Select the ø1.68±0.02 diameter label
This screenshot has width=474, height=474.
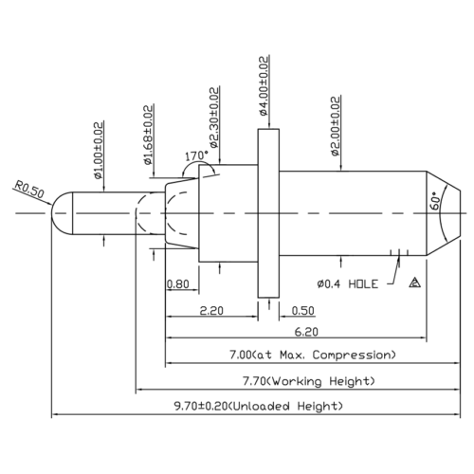[x=149, y=135]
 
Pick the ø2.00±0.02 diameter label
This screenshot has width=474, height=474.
[x=337, y=125]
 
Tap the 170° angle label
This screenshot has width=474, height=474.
[x=196, y=155]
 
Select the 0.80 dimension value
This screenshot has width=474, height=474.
[x=176, y=283]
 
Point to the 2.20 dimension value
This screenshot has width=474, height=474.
[x=211, y=310]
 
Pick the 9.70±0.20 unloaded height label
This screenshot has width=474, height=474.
[x=257, y=406]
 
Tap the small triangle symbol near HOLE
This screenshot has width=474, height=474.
[x=414, y=283]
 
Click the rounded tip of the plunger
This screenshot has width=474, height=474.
[x=60, y=215]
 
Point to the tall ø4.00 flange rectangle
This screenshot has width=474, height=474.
[x=271, y=214]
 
